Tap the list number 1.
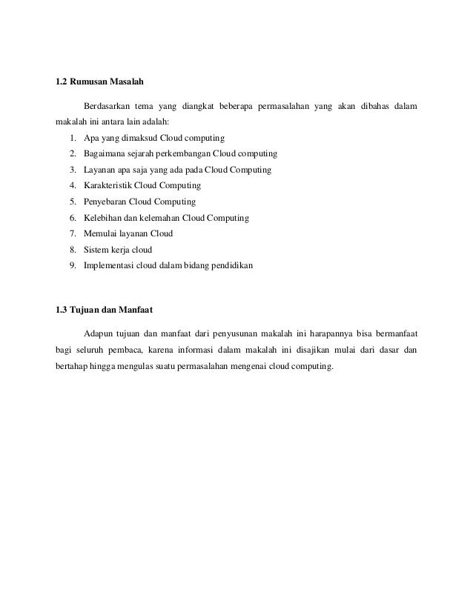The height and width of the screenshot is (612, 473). pyautogui.click(x=73, y=139)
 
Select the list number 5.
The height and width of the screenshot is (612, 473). pyautogui.click(x=73, y=202)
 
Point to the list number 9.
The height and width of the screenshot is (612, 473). pyautogui.click(x=73, y=265)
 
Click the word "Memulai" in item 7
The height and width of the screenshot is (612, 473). pyautogui.click(x=102, y=233)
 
